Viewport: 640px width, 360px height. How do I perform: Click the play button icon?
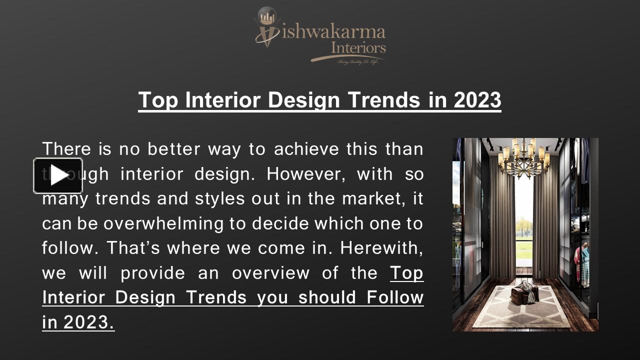tap(58, 175)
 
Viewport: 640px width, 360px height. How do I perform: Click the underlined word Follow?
tap(395, 297)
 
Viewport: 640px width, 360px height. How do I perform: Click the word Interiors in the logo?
tap(358, 48)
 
